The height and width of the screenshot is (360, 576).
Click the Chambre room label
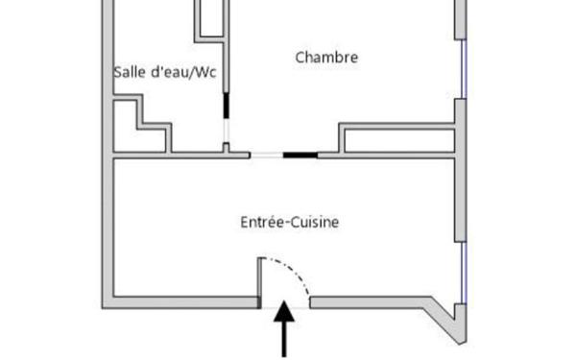(326, 58)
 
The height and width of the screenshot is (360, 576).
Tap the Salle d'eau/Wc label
(164, 73)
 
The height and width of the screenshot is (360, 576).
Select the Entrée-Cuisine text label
(289, 223)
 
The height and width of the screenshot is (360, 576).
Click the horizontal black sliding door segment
(300, 155)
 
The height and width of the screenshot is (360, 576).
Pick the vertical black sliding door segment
(228, 106)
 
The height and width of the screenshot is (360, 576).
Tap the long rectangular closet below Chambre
(396, 138)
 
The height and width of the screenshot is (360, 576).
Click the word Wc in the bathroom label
(204, 73)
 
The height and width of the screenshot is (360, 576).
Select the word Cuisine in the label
(313, 223)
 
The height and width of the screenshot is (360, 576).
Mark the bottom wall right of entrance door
(374, 302)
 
